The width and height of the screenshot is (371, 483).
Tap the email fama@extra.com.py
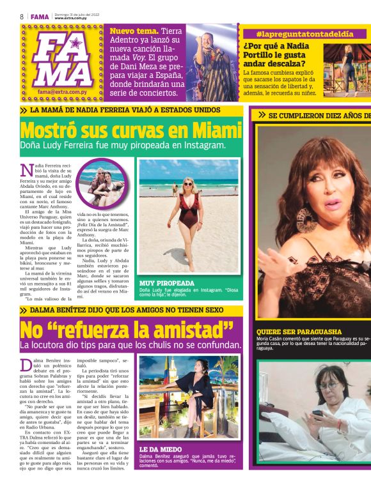[62, 93]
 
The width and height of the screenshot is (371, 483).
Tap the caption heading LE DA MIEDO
[161, 449]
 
